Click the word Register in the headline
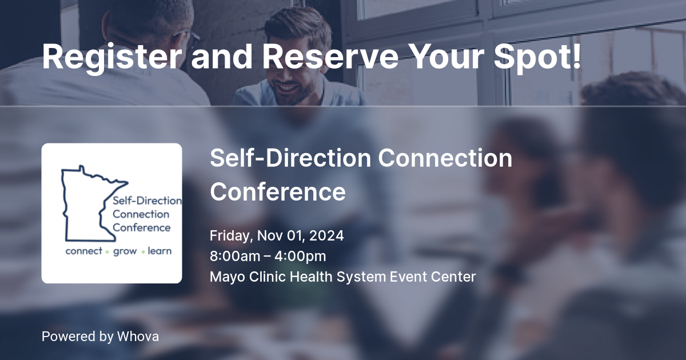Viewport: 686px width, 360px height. (x=111, y=57)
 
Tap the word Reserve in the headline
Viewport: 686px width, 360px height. (x=330, y=57)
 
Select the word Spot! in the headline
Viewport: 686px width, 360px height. (x=537, y=57)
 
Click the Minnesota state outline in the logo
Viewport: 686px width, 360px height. (x=63, y=211)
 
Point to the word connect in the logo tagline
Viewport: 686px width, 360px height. (x=84, y=251)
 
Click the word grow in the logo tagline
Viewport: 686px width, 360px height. (x=125, y=251)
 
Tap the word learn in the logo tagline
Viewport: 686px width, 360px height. (x=159, y=251)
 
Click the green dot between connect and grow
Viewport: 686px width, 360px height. (x=107, y=252)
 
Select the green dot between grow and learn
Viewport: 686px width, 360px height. (x=143, y=252)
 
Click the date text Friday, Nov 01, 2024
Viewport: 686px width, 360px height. (x=277, y=236)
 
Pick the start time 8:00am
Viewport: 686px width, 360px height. (x=235, y=256)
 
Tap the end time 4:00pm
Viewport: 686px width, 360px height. (x=300, y=257)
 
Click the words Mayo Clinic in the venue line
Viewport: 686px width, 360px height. (x=248, y=277)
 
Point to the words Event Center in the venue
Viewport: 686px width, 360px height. (x=433, y=277)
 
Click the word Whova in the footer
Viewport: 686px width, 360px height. (x=138, y=337)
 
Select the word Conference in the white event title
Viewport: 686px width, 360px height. (x=278, y=191)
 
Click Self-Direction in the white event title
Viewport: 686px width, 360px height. (x=290, y=158)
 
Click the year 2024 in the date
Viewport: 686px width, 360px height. (x=326, y=235)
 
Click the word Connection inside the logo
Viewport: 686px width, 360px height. (x=141, y=214)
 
